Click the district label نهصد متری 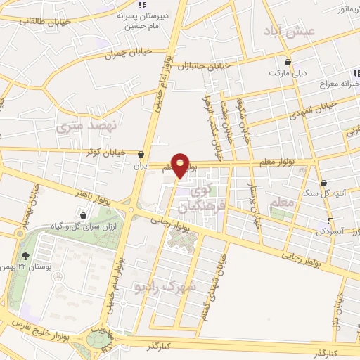point(79,127)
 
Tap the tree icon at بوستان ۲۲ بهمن point(27,256)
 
